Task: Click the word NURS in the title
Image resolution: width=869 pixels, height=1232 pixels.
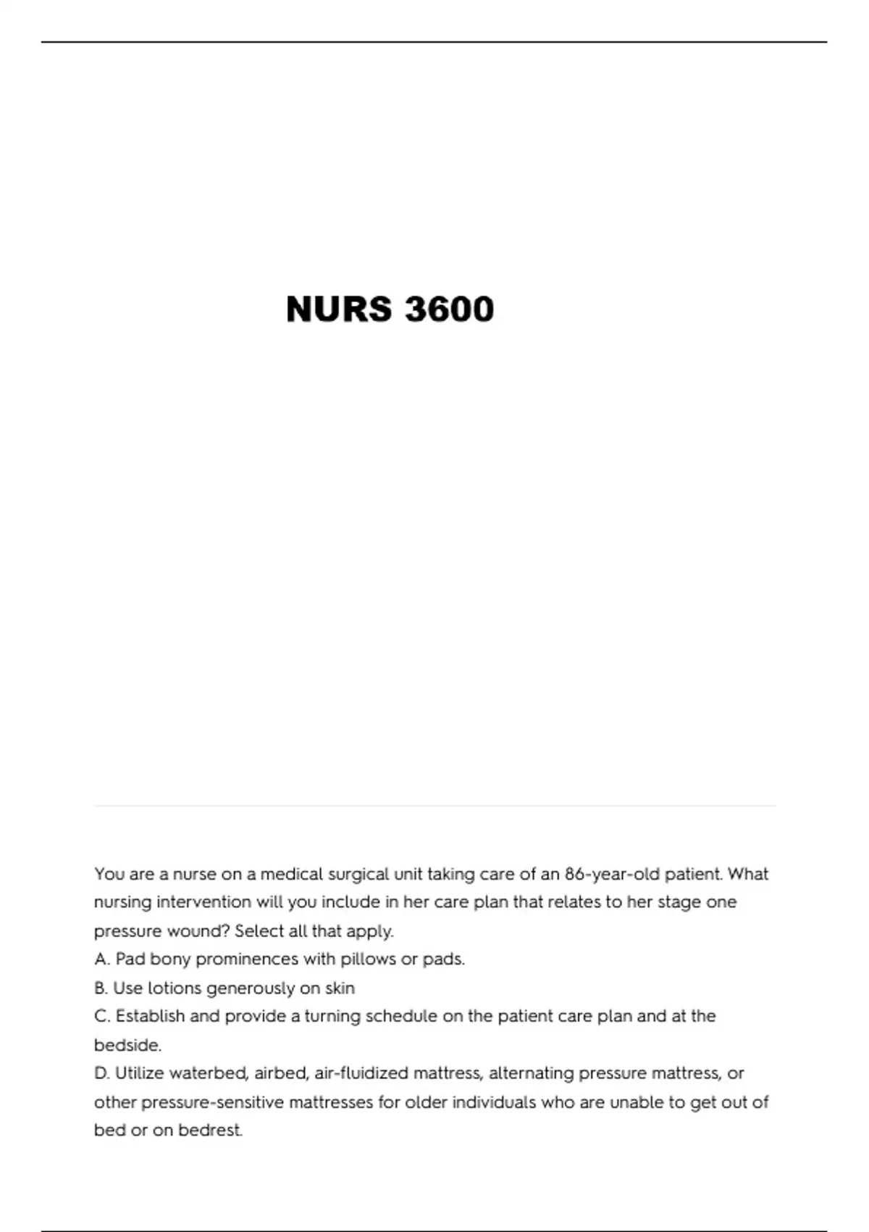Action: [x=339, y=309]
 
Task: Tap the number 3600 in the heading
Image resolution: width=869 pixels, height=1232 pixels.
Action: [x=450, y=309]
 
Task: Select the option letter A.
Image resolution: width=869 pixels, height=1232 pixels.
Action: [x=102, y=960]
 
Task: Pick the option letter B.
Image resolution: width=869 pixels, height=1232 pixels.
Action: [x=101, y=988]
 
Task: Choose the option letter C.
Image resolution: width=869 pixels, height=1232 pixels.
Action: [x=102, y=1017]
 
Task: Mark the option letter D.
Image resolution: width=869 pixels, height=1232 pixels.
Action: [x=102, y=1073]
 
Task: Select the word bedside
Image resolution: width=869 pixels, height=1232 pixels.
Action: [x=127, y=1045]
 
